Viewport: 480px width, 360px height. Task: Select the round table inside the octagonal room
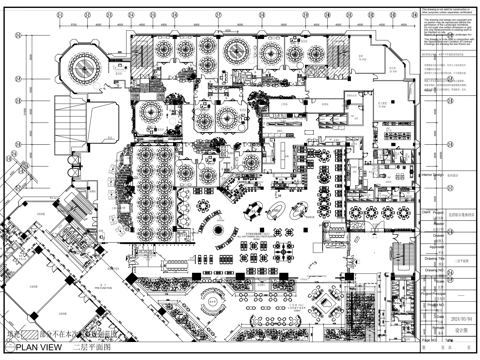76,71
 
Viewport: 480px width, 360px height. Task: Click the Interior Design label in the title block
433,172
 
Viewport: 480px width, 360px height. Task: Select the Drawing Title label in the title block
434,255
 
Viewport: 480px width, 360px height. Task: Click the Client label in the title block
427,213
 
